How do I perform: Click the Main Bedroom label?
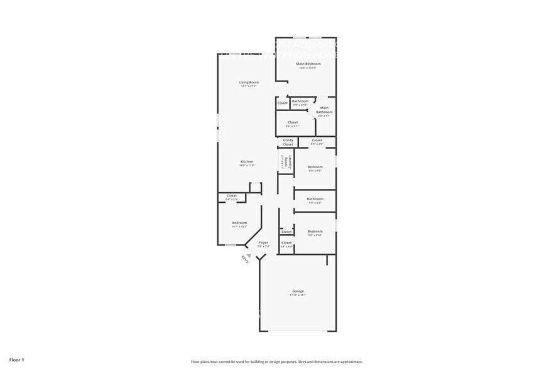pyautogui.click(x=308, y=64)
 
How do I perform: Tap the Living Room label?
pyautogui.click(x=248, y=82)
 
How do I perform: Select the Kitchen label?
pyautogui.click(x=247, y=161)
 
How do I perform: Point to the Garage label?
pyautogui.click(x=298, y=291)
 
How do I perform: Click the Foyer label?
pyautogui.click(x=263, y=242)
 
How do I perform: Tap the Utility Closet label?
pyautogui.click(x=288, y=142)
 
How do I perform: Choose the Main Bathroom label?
pyautogui.click(x=324, y=110)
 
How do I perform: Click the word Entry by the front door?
pyautogui.click(x=245, y=259)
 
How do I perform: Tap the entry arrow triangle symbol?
pyautogui.click(x=249, y=255)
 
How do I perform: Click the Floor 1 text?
pyautogui.click(x=17, y=360)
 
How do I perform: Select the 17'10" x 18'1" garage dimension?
pyautogui.click(x=298, y=295)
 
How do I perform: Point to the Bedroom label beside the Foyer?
pyautogui.click(x=239, y=223)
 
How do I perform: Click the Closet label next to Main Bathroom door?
pyautogui.click(x=283, y=103)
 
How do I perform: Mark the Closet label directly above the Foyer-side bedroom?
pyautogui.click(x=232, y=196)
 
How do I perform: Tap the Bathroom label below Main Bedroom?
pyautogui.click(x=300, y=101)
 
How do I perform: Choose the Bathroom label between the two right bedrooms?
pyautogui.click(x=315, y=199)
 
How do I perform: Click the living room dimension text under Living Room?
pyautogui.click(x=248, y=86)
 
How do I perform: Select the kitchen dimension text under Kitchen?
pyautogui.click(x=247, y=165)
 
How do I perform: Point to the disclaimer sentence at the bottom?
pyautogui.click(x=276, y=361)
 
